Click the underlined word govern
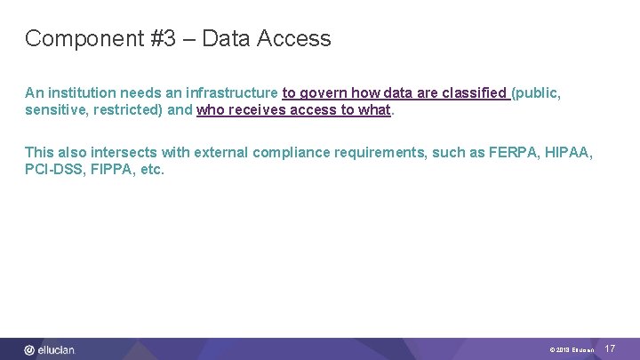point(324,92)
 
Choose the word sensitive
point(55,110)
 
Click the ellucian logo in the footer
point(50,350)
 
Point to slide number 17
point(610,349)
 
